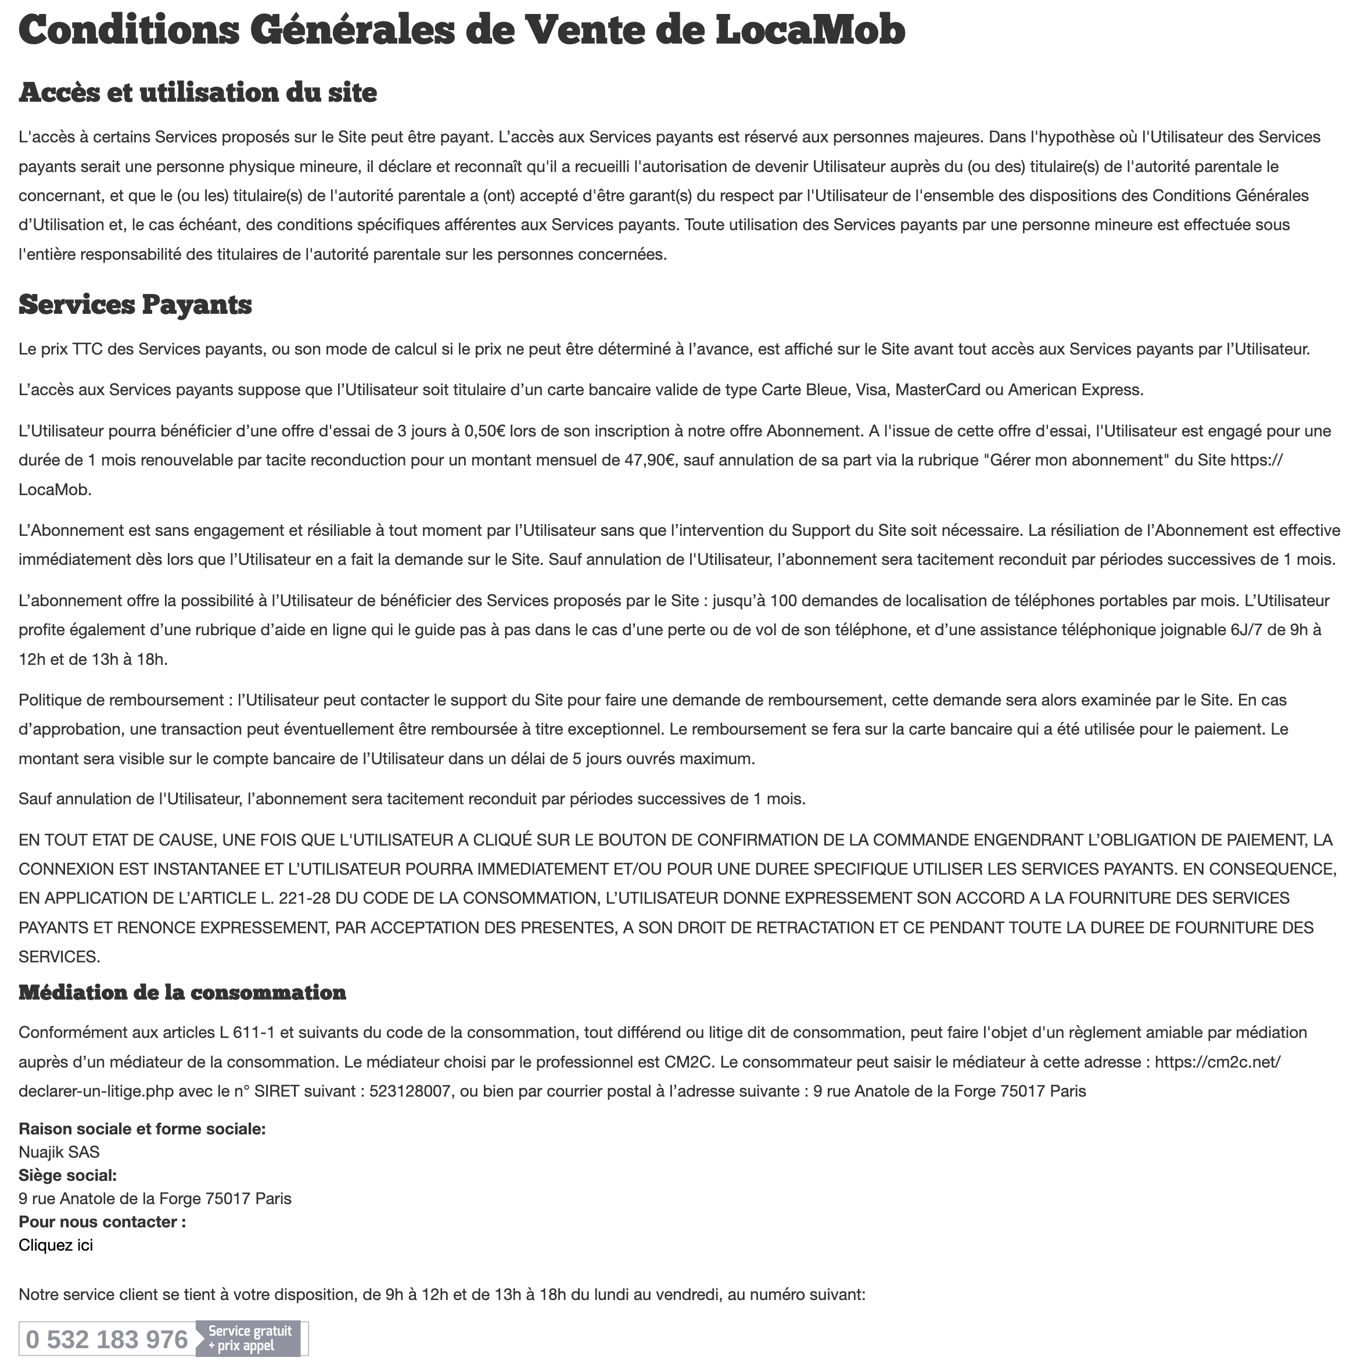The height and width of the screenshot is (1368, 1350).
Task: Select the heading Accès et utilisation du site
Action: click(198, 93)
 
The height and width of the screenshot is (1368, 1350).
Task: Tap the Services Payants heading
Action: click(135, 305)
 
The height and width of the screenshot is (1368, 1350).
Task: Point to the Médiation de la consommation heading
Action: click(182, 993)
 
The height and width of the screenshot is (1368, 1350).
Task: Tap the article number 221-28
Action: click(304, 898)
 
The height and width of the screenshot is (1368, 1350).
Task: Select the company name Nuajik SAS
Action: click(59, 1152)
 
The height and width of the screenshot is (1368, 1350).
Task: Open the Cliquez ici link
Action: click(55, 1245)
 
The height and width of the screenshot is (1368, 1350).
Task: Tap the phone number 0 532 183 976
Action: click(107, 1340)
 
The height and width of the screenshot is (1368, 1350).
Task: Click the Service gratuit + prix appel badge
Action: click(249, 1338)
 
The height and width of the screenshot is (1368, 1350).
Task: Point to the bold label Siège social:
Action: click(67, 1176)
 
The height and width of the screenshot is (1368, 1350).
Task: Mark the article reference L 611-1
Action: click(246, 1033)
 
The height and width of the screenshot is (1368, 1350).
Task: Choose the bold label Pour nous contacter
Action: click(102, 1222)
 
